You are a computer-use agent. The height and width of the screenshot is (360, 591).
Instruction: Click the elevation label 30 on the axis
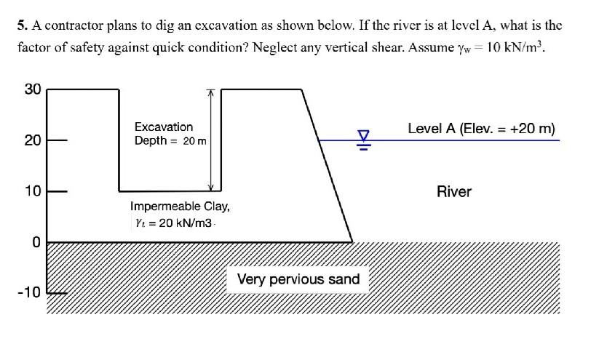(x=33, y=89)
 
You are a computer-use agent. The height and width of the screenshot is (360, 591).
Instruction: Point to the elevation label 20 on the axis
(x=33, y=140)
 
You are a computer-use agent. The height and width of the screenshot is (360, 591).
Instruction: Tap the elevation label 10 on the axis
(x=33, y=191)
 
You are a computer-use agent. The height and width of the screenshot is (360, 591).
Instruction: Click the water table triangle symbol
(x=363, y=136)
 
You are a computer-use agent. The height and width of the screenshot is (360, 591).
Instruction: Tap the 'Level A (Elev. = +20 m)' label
(x=481, y=129)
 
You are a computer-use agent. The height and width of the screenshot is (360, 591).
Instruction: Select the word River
(x=454, y=192)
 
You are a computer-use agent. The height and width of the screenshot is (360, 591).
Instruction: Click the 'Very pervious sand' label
(x=298, y=279)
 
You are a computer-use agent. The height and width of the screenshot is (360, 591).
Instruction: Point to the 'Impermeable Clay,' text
(x=180, y=206)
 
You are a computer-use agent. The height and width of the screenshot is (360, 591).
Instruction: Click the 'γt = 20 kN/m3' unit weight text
(x=172, y=223)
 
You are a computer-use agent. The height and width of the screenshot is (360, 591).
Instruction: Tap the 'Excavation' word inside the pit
(x=164, y=127)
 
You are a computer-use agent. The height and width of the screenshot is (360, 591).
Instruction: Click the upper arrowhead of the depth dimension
(x=211, y=92)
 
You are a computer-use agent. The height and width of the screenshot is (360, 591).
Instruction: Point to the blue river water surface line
(x=473, y=140)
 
